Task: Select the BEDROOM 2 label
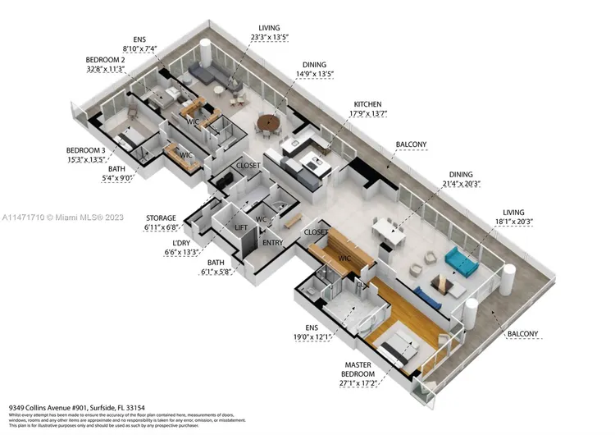[106, 61]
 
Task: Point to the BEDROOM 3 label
[86, 150]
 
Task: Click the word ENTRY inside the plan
[272, 244]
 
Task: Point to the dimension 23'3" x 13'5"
[275, 37]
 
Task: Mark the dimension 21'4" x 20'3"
[459, 185]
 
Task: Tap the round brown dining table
[268, 124]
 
